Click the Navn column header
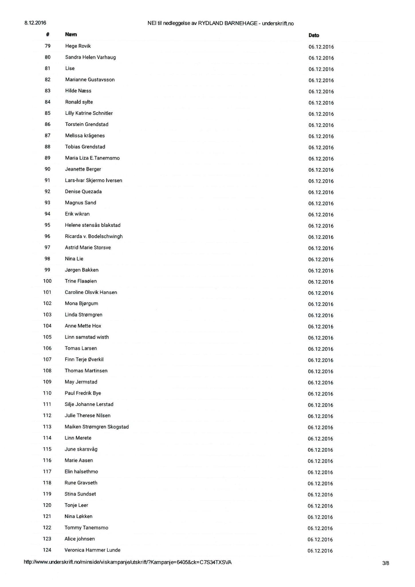(71, 34)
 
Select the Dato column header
(314, 35)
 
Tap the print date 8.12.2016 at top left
(35, 23)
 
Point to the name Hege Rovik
(78, 46)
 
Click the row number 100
(47, 281)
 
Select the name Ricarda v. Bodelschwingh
(94, 236)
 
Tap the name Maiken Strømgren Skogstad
(97, 426)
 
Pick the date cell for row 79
(321, 47)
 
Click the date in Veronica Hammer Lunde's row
(320, 551)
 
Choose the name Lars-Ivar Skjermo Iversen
(93, 180)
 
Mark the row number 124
(47, 550)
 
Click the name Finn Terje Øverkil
(84, 359)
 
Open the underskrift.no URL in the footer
(127, 562)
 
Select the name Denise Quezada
(83, 191)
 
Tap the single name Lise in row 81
(70, 68)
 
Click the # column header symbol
(48, 34)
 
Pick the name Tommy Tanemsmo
(86, 527)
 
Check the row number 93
(47, 203)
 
